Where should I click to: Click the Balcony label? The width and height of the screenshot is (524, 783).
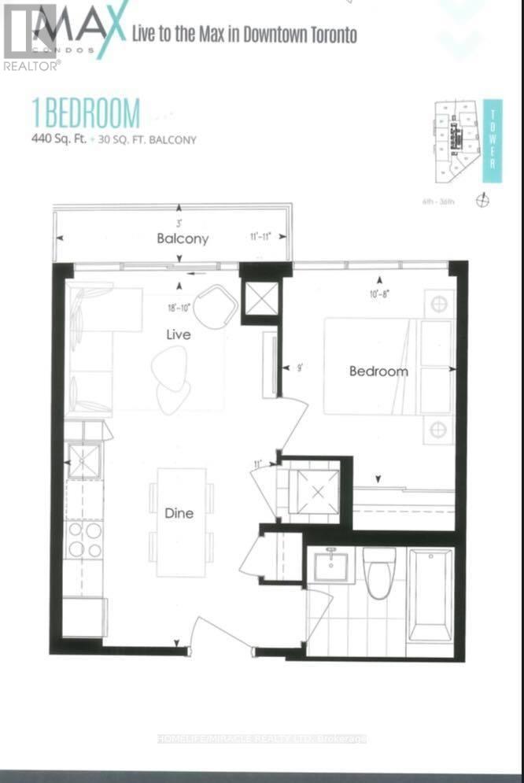coord(182,238)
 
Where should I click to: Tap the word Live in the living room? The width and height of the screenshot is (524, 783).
coord(178,334)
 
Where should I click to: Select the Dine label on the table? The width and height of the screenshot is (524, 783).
coord(179,513)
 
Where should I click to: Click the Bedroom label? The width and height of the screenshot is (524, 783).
coord(378,371)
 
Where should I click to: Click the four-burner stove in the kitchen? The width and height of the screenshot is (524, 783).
coord(83,539)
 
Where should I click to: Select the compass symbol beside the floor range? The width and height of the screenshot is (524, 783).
coord(483,201)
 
